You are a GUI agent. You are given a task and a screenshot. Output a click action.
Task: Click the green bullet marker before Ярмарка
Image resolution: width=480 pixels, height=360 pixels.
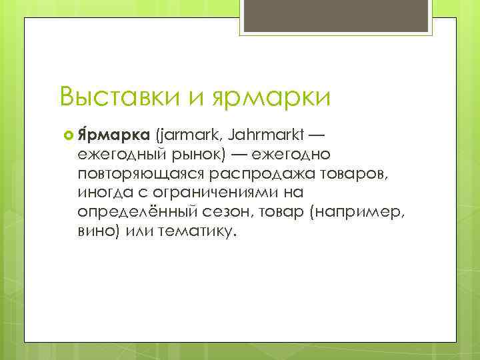pyautogui.click(x=66, y=137)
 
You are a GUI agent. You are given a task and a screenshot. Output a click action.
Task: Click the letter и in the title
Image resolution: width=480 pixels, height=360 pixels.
pyautogui.click(x=197, y=98)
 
